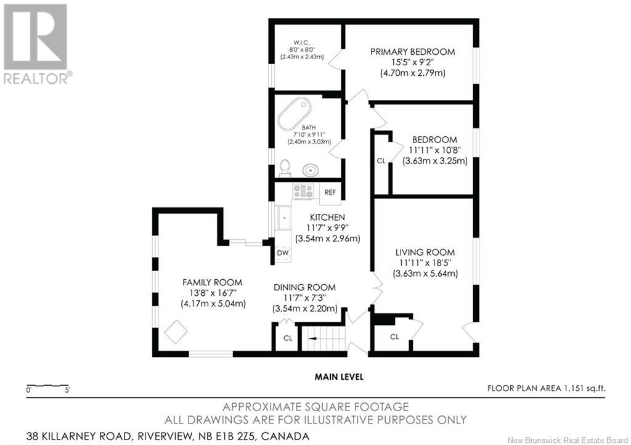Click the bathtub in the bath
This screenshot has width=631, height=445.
tap(295, 113)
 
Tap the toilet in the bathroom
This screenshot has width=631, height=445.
tap(285, 168)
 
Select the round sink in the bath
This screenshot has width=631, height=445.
tap(311, 170)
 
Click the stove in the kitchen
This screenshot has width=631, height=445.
tap(303, 191)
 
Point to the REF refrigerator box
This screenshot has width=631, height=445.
tap(330, 192)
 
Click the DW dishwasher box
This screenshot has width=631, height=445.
tap(283, 253)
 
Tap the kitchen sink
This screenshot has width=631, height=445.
tap(283, 218)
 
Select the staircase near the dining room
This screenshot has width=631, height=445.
tap(324, 338)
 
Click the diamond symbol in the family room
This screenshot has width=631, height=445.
tap(176, 332)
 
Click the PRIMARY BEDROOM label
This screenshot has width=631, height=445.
tap(412, 52)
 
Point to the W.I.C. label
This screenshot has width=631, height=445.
tap(301, 41)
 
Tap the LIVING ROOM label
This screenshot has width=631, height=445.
tap(425, 253)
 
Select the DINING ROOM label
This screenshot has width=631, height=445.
tap(304, 288)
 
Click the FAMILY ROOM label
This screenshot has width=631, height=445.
tap(213, 282)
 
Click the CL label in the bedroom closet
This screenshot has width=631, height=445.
tap(381, 161)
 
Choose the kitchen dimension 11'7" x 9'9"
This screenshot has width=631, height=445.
tap(328, 227)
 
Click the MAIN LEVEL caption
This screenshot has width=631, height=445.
tap(339, 377)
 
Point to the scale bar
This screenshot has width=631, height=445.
tap(47, 386)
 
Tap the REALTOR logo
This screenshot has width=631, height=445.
tap(38, 44)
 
